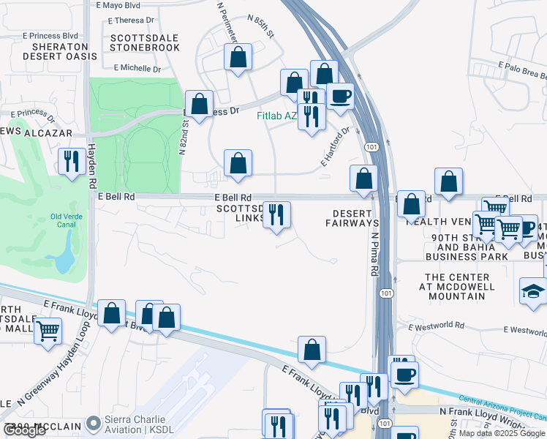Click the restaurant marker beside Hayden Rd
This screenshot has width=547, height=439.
[x=72, y=160]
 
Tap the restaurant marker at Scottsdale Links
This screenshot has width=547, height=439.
[x=276, y=214]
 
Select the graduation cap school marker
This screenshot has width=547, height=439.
[x=533, y=291]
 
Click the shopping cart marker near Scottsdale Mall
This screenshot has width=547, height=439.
[x=48, y=331]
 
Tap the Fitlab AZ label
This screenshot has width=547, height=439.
[x=276, y=116]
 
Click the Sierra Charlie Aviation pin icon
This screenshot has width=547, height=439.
[x=93, y=424]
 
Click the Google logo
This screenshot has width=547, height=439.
[x=25, y=430]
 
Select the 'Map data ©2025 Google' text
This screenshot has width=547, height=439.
[x=502, y=433]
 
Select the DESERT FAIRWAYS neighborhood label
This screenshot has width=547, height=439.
[x=355, y=218]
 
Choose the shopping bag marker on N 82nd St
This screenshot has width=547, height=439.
[x=199, y=104]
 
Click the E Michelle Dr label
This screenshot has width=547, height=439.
[x=137, y=68]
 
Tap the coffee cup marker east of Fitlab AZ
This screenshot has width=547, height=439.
[x=340, y=95]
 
